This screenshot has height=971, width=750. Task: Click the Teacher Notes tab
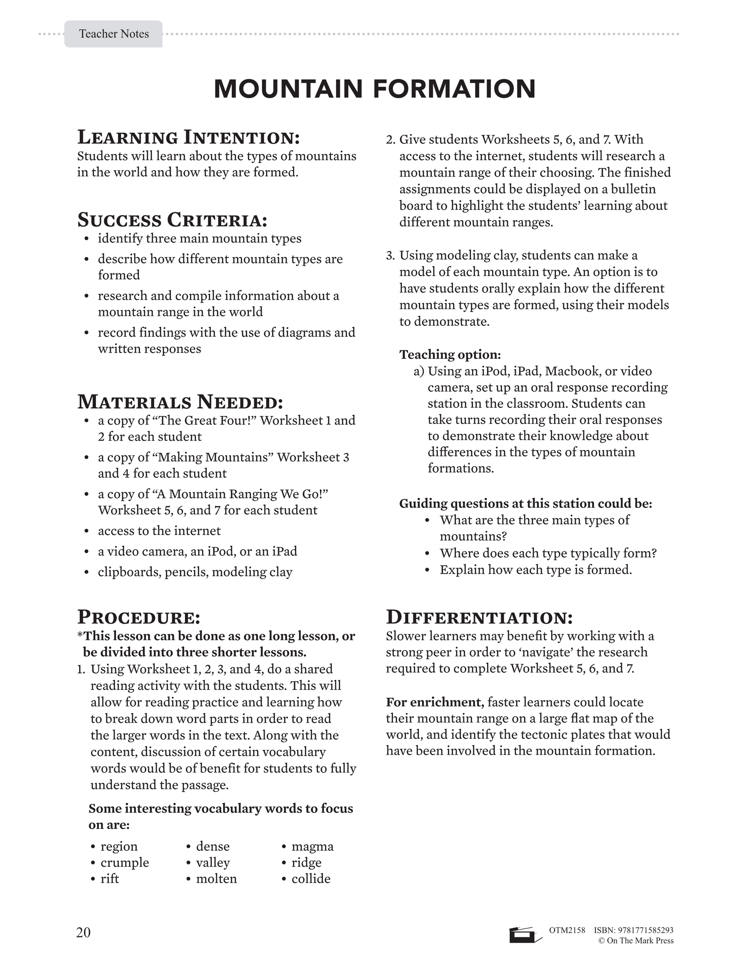coord(114,34)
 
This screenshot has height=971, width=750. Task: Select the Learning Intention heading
coord(188,137)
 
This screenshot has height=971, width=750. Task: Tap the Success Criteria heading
coord(172,219)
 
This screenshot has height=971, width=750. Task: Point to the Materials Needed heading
coord(180,402)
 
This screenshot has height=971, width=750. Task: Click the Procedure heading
coord(139,617)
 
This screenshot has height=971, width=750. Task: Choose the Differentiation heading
coord(479,617)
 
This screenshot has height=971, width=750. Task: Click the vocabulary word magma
coord(312,846)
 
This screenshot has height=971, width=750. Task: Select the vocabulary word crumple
coord(125,863)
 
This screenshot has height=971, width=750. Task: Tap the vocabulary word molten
coord(216,879)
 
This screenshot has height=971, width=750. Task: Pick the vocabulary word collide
coord(311,879)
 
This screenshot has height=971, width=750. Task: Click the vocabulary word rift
coord(110,879)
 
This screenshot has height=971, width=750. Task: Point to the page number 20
coord(83,932)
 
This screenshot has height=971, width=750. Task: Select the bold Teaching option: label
coord(450,354)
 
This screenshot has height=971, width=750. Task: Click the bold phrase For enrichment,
coord(435,702)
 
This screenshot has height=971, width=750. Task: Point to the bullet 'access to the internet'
coord(159,531)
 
